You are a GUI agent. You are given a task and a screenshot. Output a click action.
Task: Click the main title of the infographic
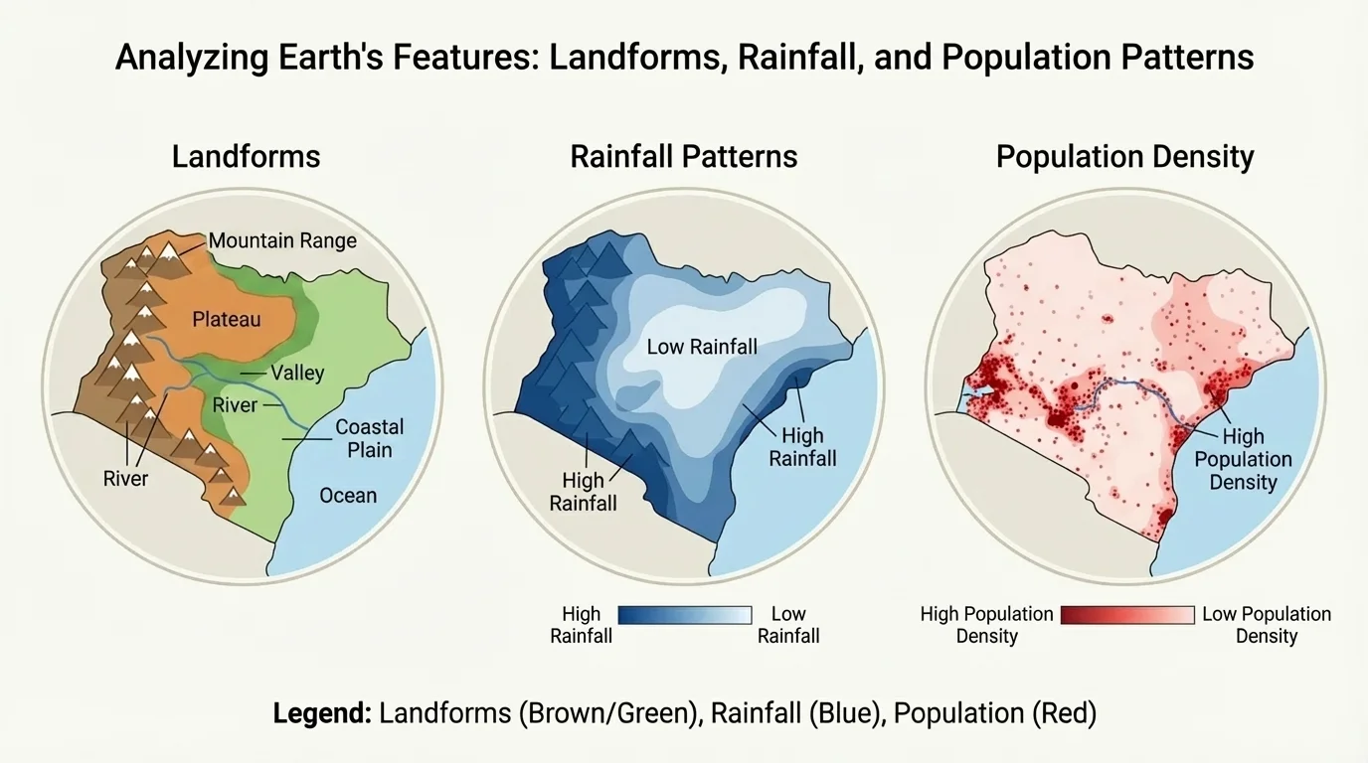(x=684, y=57)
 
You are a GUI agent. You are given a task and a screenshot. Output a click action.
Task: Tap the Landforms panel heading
(x=246, y=156)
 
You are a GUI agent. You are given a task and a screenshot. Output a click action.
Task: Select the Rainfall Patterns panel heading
(x=684, y=156)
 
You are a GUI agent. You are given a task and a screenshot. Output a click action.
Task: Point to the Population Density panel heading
(x=1124, y=156)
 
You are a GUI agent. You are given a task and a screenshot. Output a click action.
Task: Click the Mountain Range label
(x=282, y=240)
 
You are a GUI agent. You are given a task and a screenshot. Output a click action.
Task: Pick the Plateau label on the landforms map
(x=227, y=319)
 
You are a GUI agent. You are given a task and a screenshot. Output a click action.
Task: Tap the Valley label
(x=297, y=374)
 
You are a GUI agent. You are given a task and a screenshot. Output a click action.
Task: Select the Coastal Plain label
(x=369, y=438)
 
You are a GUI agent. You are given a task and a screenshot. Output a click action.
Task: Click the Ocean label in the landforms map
(x=348, y=495)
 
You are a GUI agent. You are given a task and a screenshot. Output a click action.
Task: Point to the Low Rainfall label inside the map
(x=702, y=347)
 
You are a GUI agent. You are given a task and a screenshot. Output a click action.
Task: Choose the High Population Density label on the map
(x=1243, y=459)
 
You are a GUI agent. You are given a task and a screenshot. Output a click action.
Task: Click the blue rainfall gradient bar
(x=684, y=615)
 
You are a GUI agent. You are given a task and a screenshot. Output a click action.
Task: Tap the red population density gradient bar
(x=1126, y=615)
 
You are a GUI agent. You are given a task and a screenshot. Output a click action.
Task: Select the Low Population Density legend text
(x=1266, y=625)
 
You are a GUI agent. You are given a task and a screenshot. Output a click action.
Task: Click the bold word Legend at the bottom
(x=321, y=713)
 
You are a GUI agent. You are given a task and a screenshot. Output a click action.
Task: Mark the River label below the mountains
(x=125, y=479)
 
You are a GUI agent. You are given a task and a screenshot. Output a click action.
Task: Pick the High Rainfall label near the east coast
(x=802, y=447)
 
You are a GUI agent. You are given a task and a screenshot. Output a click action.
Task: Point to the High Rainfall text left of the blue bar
(x=581, y=625)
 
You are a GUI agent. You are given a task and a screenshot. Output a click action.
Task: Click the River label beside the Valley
(x=235, y=404)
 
